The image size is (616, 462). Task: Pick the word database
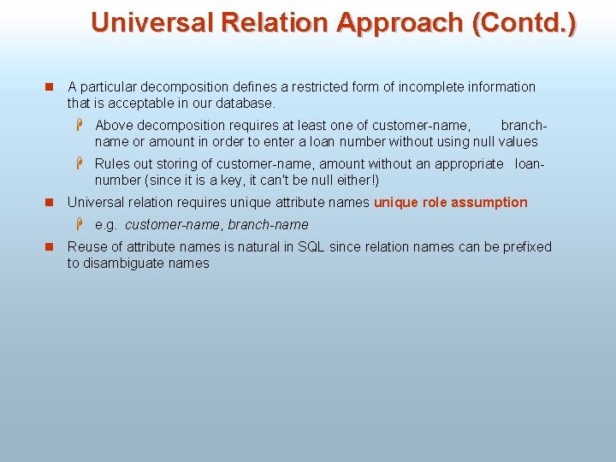(x=248, y=103)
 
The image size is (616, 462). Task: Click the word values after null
(x=517, y=141)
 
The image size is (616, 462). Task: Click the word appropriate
(x=469, y=163)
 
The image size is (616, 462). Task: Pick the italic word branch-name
(x=268, y=224)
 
